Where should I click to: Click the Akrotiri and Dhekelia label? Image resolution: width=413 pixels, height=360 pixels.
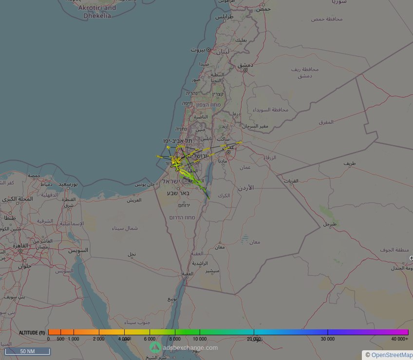[97, 12]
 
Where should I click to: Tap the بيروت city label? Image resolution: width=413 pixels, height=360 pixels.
[198, 50]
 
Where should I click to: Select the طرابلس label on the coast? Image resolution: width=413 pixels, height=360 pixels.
[225, 16]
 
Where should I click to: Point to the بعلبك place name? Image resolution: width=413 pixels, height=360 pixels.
[241, 40]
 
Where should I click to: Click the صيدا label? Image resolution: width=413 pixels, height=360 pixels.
[204, 64]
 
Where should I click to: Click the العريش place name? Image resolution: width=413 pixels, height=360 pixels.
[134, 200]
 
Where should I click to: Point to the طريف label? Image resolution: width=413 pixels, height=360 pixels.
[350, 163]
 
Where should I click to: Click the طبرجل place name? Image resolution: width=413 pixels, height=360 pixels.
[330, 224]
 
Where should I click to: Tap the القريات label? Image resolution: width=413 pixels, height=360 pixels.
[291, 181]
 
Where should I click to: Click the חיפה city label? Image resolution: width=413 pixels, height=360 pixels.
[188, 103]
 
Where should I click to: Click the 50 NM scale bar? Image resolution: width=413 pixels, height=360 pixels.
[27, 351]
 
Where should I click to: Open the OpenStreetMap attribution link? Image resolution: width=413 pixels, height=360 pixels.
[392, 355]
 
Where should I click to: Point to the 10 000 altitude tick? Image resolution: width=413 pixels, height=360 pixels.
[199, 339]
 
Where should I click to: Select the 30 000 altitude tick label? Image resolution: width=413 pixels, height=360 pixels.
[327, 339]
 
